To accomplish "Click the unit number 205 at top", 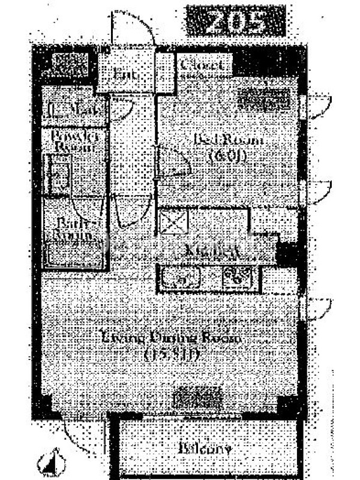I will pyautogui.click(x=234, y=23).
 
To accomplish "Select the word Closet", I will pyautogui.click(x=202, y=65).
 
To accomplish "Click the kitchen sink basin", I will pyautogui.click(x=180, y=278).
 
